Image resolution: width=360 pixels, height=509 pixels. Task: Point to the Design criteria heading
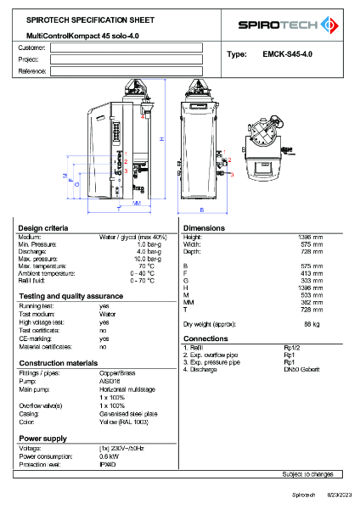coord(43,228)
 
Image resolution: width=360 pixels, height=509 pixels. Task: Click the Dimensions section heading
coord(204,228)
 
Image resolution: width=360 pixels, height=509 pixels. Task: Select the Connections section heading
coord(206,338)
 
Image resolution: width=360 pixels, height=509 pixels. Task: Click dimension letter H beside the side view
coord(161,138)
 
